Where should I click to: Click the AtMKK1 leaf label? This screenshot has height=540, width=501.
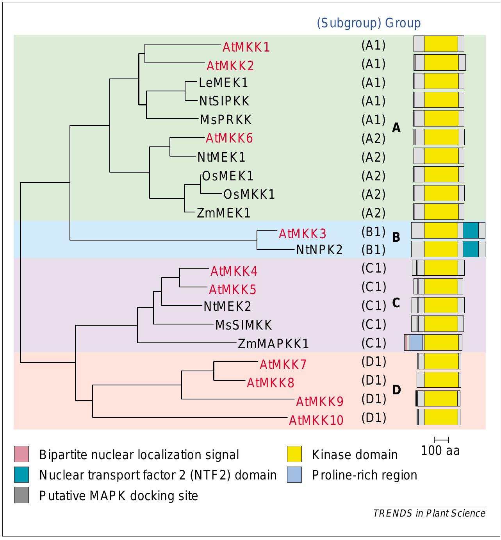[246, 47]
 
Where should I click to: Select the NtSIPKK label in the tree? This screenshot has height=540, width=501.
[224, 101]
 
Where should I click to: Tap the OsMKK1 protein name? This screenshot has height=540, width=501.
[249, 194]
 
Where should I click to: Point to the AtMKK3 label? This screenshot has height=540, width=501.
[302, 233]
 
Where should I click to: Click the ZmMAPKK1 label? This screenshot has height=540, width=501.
[273, 344]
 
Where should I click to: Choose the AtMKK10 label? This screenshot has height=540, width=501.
[316, 420]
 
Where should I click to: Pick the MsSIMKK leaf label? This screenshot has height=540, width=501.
[244, 325]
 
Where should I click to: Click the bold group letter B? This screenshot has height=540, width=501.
[396, 237]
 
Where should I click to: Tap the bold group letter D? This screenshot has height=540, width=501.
[396, 390]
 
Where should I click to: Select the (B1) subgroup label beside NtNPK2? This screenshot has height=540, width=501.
[373, 250]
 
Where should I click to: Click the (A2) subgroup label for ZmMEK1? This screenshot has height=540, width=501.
[373, 213]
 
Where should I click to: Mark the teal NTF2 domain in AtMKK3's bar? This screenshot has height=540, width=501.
[471, 230]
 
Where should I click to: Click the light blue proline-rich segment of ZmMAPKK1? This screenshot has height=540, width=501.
[416, 342]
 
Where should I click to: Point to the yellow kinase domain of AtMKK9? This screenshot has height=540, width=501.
[440, 398]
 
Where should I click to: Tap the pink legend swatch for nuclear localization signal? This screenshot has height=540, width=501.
[21, 454]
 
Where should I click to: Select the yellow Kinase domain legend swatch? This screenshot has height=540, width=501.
[294, 454]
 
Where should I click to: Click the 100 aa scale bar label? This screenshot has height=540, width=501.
[440, 451]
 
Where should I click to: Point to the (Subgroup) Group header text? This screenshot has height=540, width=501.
[369, 23]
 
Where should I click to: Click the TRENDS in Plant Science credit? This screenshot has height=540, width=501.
[429, 513]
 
